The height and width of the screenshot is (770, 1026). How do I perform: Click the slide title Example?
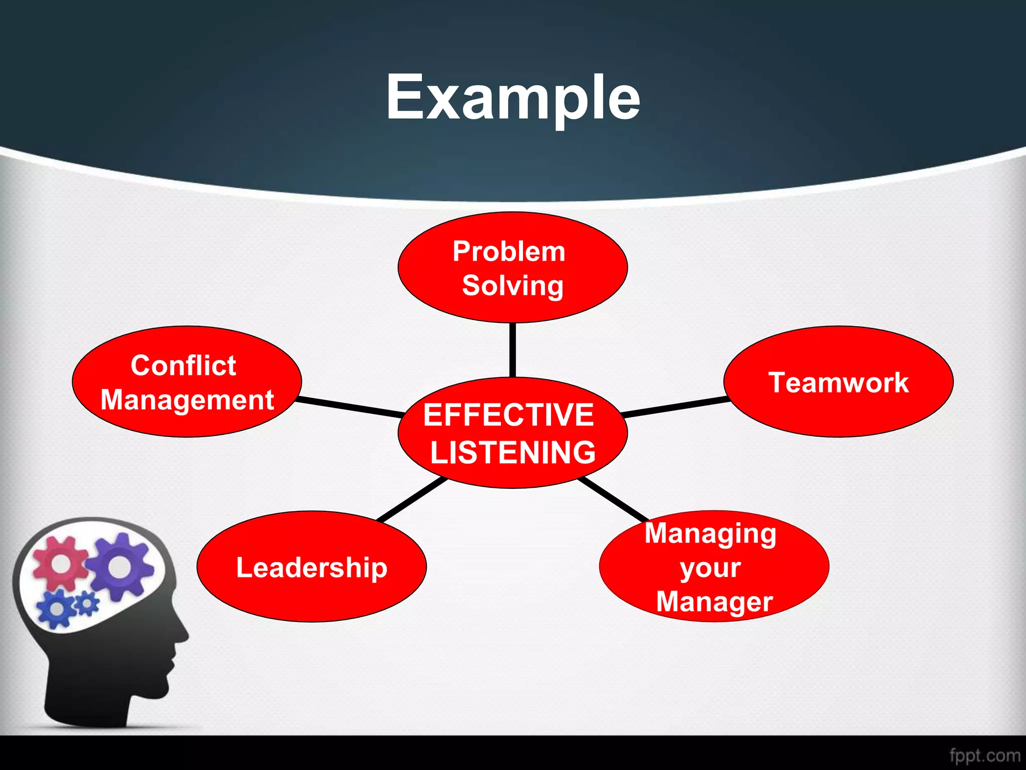pyautogui.click(x=513, y=98)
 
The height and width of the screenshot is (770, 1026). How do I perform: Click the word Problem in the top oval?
pyautogui.click(x=509, y=251)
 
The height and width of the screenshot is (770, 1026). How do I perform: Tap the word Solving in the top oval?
pyautogui.click(x=513, y=286)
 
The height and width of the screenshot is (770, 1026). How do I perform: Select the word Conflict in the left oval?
pyautogui.click(x=183, y=365)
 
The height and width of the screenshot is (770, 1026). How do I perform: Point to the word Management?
pyautogui.click(x=187, y=400)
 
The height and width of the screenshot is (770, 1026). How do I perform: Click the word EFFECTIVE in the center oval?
pyautogui.click(x=508, y=415)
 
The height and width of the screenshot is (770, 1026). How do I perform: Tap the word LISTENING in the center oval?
pyautogui.click(x=513, y=452)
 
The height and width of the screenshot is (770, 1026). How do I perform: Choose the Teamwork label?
pyautogui.click(x=839, y=383)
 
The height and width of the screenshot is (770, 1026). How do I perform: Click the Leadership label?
pyautogui.click(x=312, y=568)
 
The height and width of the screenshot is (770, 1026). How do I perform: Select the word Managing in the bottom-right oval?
pyautogui.click(x=710, y=533)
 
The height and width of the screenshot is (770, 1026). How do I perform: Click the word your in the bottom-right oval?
pyautogui.click(x=710, y=568)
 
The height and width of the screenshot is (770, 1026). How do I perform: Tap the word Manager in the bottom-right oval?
pyautogui.click(x=714, y=602)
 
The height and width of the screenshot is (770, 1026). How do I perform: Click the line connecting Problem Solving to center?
pyautogui.click(x=512, y=350)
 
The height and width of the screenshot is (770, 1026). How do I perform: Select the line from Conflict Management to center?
pyautogui.click(x=351, y=407)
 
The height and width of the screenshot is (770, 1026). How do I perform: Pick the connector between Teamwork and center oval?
pyautogui.click(x=675, y=407)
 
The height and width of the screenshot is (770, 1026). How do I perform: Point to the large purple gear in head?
pyautogui.click(x=119, y=566)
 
